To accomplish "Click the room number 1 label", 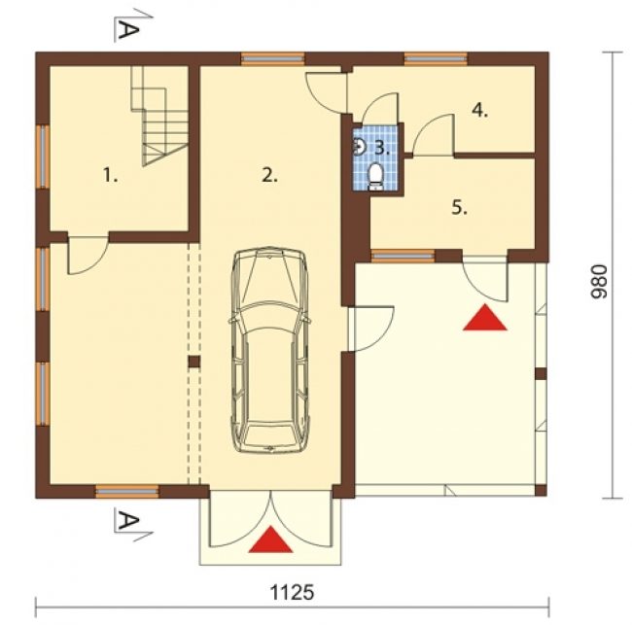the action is point(110,176).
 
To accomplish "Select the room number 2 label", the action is point(269,175).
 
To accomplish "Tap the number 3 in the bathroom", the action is point(382,149).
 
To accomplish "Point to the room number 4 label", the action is point(479,110).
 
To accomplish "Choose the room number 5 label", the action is point(459,208).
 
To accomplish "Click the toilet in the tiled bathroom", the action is point(375,176).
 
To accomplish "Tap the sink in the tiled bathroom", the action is point(359,147).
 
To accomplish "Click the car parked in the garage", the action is point(269,350).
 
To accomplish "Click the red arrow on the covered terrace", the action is point(485,318).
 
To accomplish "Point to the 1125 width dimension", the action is point(292,593).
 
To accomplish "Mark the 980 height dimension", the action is point(598,282).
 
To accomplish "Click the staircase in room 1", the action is point(160,116).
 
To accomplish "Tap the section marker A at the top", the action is point(129,28).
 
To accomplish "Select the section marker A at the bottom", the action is point(129,523).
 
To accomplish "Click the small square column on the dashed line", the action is point(193,362).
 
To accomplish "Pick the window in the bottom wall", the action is point(127,492).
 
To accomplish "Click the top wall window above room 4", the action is point(436,58).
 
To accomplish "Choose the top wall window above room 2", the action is point(272,58).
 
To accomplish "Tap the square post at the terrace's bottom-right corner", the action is point(541,490).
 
